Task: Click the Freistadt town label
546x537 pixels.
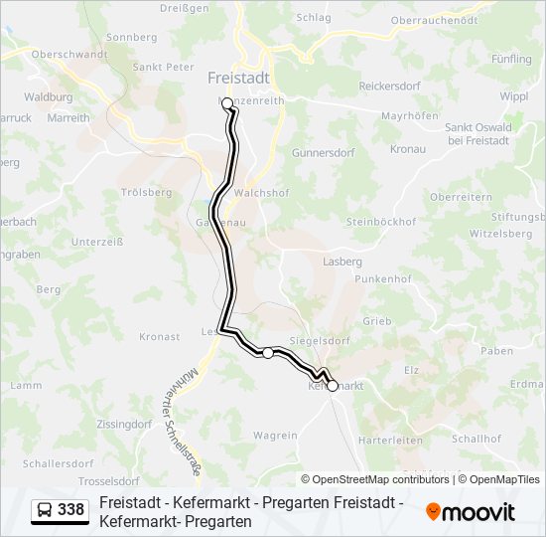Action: coord(240,77)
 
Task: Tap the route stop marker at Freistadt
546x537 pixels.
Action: coord(227,103)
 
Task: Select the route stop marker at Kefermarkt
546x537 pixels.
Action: coord(333,386)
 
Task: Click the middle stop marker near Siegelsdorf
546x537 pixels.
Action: coord(268,352)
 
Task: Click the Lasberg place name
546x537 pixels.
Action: coord(341,262)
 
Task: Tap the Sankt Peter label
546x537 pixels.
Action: coord(163,68)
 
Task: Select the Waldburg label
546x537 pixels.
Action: coord(49,97)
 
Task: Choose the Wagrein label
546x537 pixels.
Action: coord(275,436)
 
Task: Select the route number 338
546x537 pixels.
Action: coord(71,510)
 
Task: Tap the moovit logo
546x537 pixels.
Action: coord(471,512)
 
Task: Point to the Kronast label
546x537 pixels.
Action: coord(160,337)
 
